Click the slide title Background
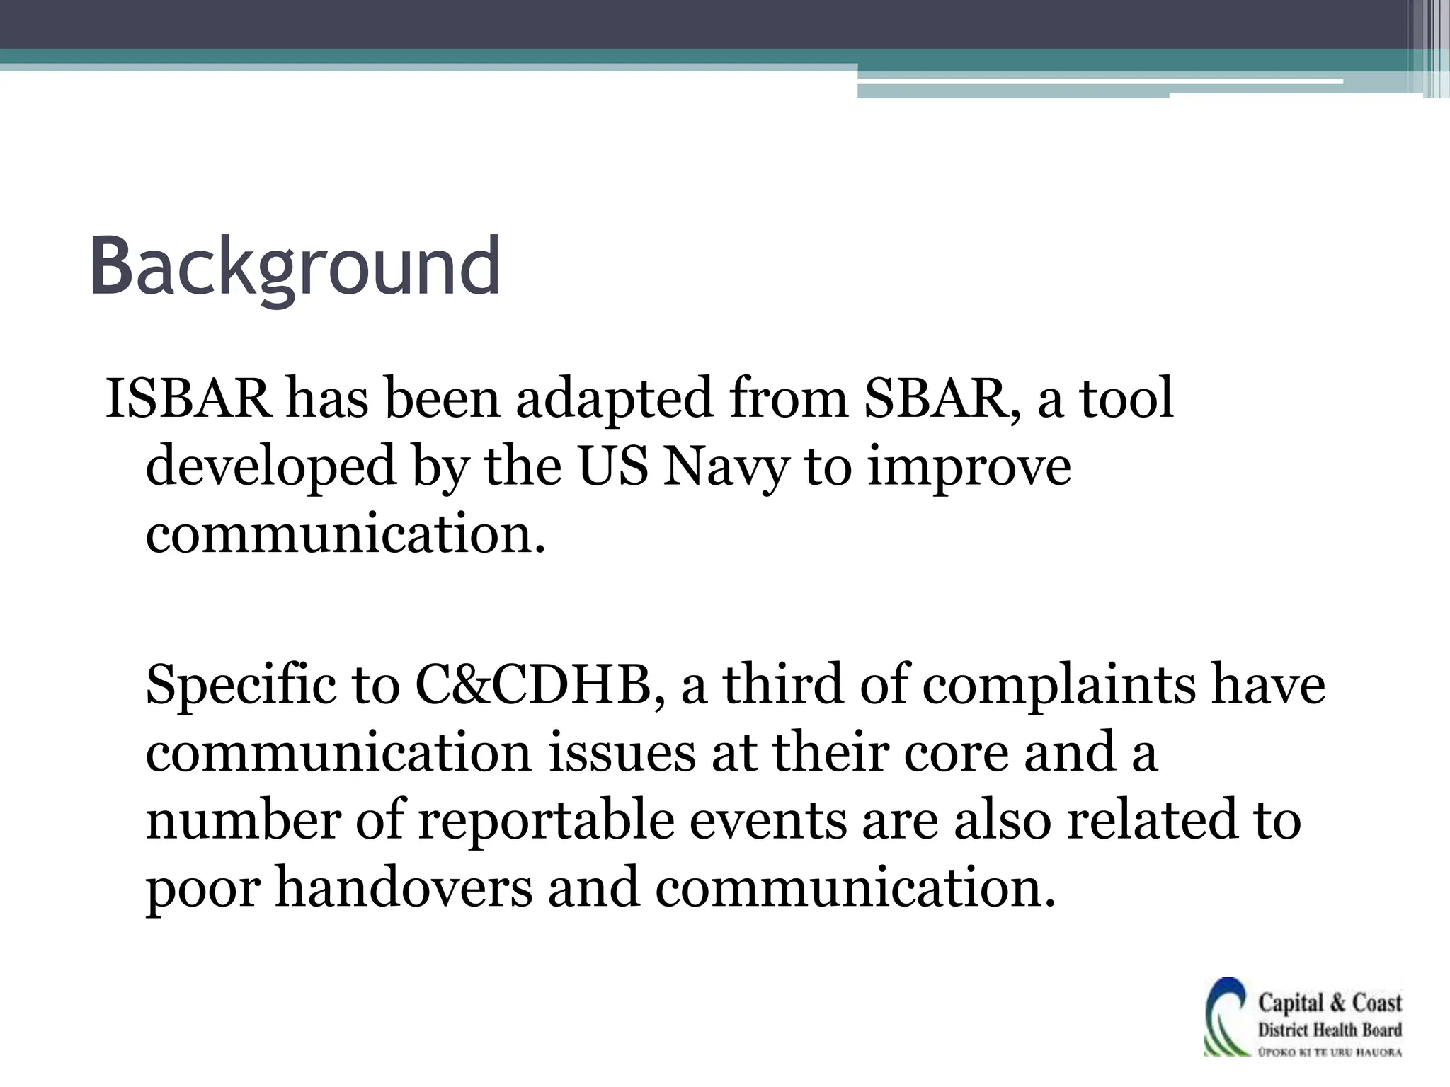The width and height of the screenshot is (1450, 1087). tap(295, 268)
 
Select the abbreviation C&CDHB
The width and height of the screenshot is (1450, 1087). tap(533, 685)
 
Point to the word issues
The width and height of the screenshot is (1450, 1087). tap(622, 753)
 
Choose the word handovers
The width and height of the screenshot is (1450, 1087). tap(404, 889)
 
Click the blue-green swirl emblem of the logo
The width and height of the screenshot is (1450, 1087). tap(1226, 1018)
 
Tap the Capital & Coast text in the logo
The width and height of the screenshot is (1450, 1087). tap(1330, 1003)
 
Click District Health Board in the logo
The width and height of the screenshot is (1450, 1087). tap(1330, 1030)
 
